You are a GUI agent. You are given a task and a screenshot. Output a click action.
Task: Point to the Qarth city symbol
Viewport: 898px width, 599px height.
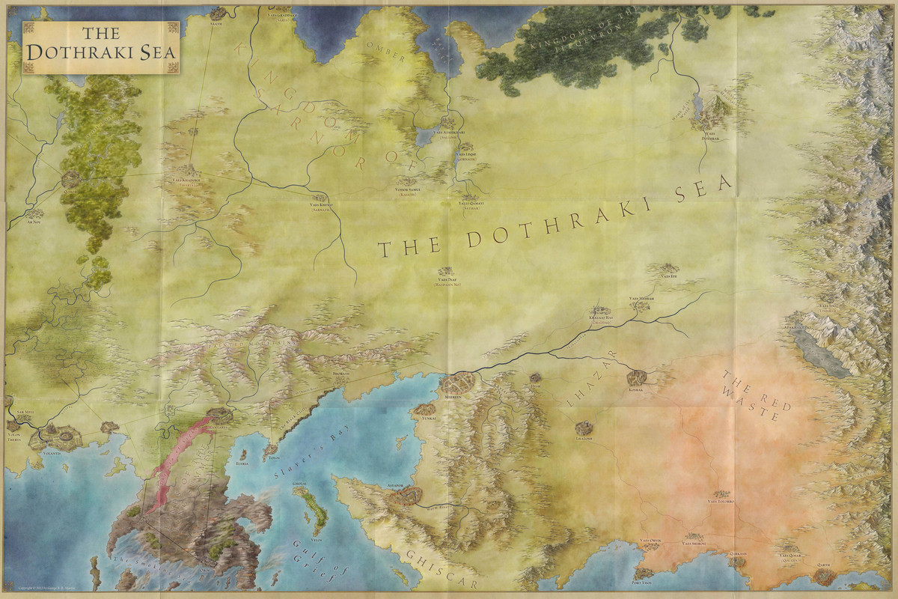[x=823, y=575]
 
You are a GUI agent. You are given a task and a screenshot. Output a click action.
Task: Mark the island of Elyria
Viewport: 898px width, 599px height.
[x=242, y=454]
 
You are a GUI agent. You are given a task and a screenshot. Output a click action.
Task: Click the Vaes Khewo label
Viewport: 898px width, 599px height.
[x=321, y=204]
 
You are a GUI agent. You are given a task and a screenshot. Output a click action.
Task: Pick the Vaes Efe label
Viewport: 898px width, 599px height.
[x=668, y=276]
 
